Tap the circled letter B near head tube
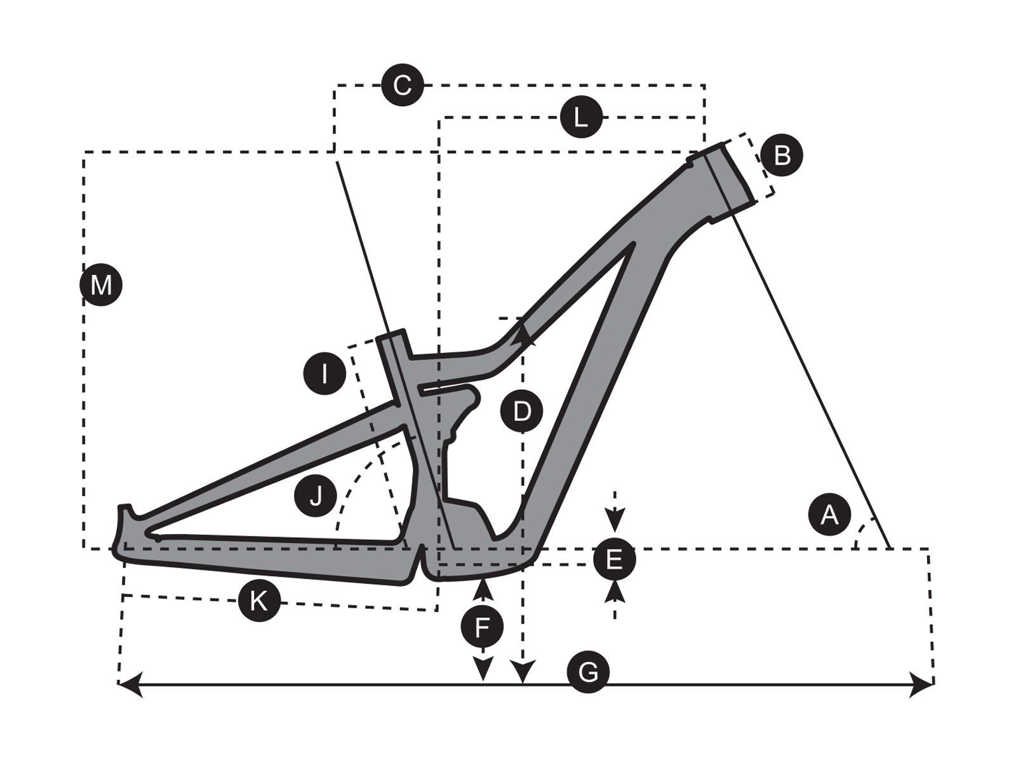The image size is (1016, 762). pyautogui.click(x=782, y=154)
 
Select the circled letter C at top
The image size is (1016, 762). pyautogui.click(x=402, y=84)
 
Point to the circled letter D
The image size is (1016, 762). pyautogui.click(x=521, y=411)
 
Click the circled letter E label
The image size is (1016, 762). pyautogui.click(x=613, y=559)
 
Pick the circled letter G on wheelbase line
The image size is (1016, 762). pyautogui.click(x=588, y=671)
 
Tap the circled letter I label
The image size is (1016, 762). pyautogui.click(x=324, y=373)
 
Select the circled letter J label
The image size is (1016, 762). pyautogui.click(x=316, y=495)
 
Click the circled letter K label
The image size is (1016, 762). pyautogui.click(x=259, y=599)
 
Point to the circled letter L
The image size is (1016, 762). pyautogui.click(x=580, y=117)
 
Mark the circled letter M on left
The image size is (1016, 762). pyautogui.click(x=101, y=285)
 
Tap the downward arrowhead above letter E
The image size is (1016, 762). pyautogui.click(x=614, y=520)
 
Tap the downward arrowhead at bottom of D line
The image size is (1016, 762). pyautogui.click(x=523, y=672)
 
